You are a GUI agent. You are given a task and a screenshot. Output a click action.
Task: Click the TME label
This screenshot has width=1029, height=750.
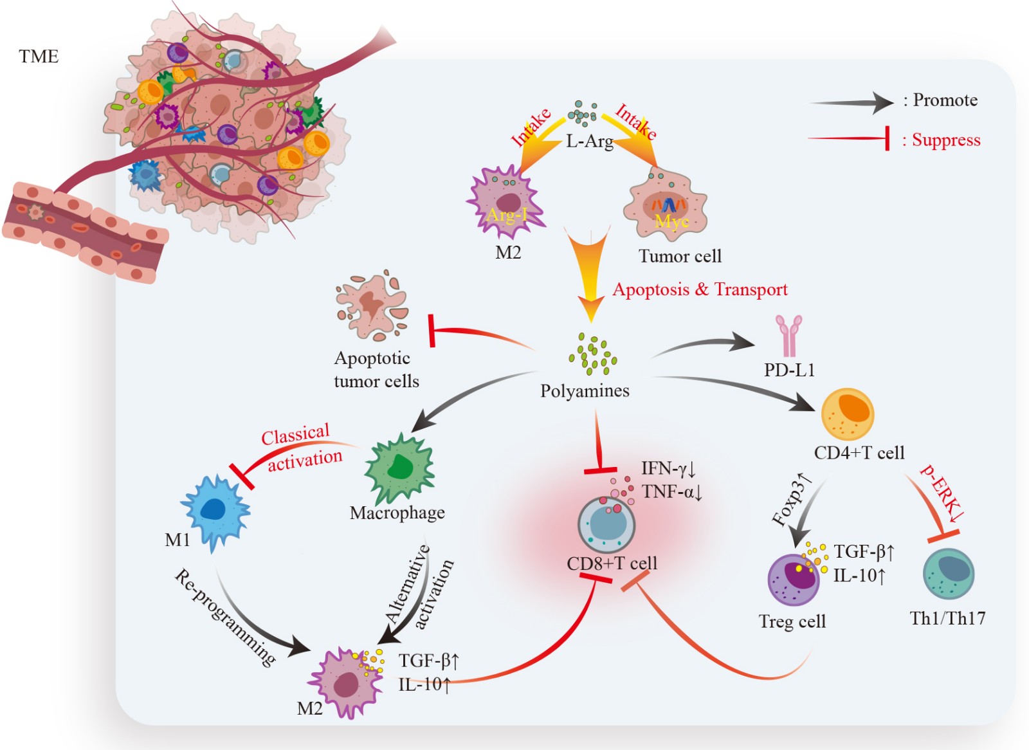click(39, 57)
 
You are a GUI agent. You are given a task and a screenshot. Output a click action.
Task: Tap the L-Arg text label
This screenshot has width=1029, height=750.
click(589, 142)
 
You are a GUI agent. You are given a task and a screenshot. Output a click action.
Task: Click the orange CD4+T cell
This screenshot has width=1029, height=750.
click(848, 414)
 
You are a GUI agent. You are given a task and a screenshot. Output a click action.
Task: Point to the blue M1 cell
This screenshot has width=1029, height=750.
click(214, 512)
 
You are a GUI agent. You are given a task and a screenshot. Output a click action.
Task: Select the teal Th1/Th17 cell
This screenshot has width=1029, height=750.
click(949, 573)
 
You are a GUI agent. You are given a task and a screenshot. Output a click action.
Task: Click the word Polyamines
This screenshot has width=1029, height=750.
click(585, 391)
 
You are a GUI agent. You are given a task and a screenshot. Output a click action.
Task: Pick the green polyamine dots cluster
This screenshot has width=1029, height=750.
click(593, 354)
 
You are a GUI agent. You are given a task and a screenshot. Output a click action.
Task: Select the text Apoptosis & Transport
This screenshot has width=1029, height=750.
click(700, 289)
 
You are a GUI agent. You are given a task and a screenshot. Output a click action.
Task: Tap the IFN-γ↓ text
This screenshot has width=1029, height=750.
click(668, 468)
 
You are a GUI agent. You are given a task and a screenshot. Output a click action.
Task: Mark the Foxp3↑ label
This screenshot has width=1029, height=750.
click(792, 499)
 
